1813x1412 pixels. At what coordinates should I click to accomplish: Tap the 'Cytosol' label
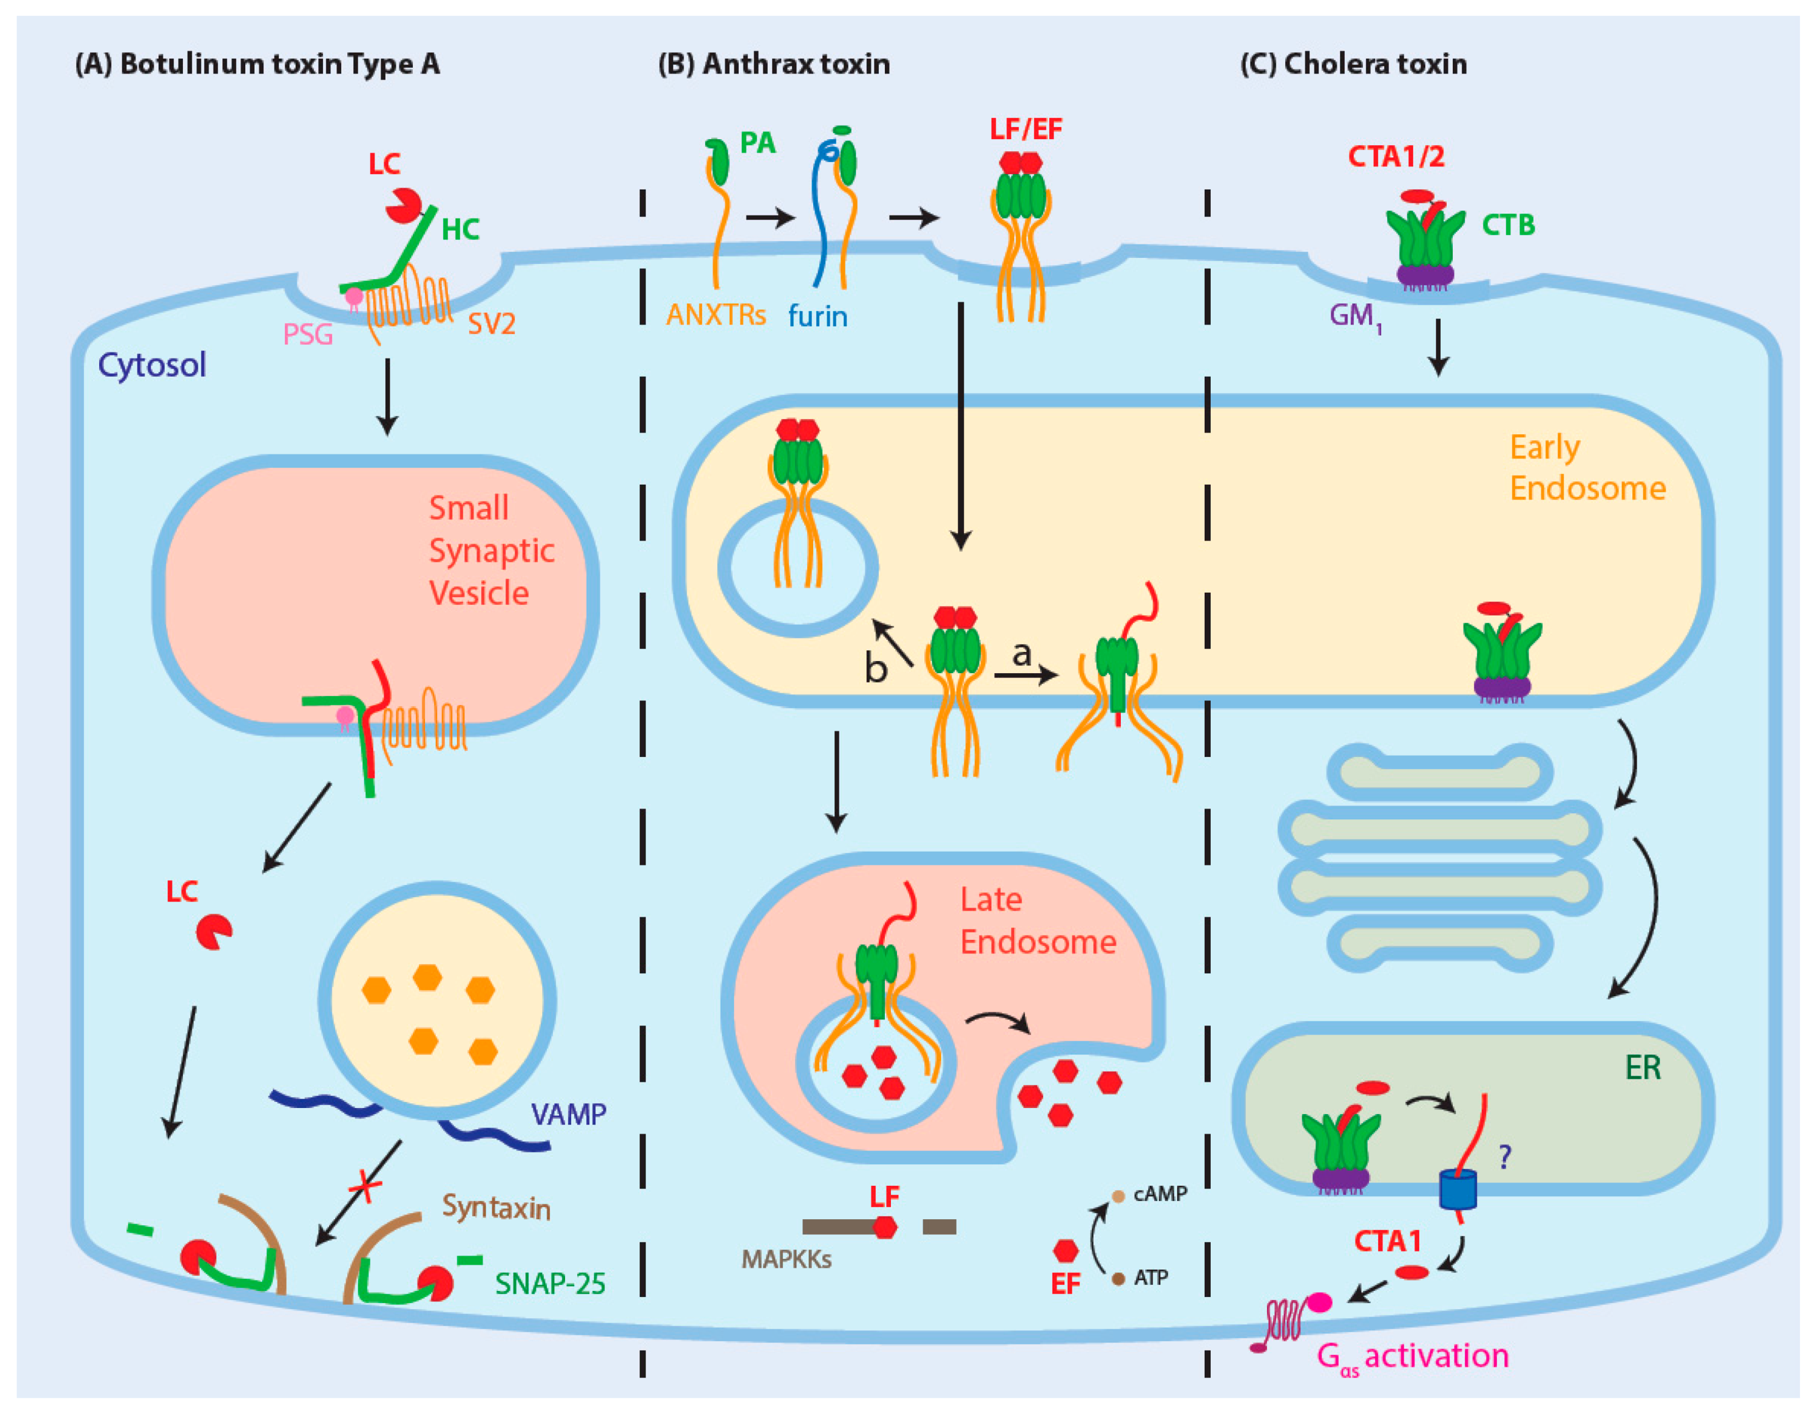click(x=152, y=365)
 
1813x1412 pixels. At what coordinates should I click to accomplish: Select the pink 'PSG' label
click(x=307, y=335)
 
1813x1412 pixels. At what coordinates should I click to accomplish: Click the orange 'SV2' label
click(x=491, y=323)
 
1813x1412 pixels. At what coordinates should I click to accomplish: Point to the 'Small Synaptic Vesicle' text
click(x=491, y=550)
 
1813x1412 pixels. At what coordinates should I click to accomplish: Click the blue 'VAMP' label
click(x=568, y=1114)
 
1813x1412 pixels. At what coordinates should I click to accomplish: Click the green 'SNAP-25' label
click(x=550, y=1284)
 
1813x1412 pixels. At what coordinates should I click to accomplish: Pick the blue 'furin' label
click(x=817, y=317)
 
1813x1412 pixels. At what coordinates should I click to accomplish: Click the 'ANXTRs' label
click(x=716, y=315)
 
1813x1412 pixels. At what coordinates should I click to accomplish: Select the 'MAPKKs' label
click(x=786, y=1259)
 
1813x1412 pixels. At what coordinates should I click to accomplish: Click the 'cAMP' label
click(x=1160, y=1193)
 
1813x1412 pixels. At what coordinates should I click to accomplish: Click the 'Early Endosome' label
click(x=1586, y=468)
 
